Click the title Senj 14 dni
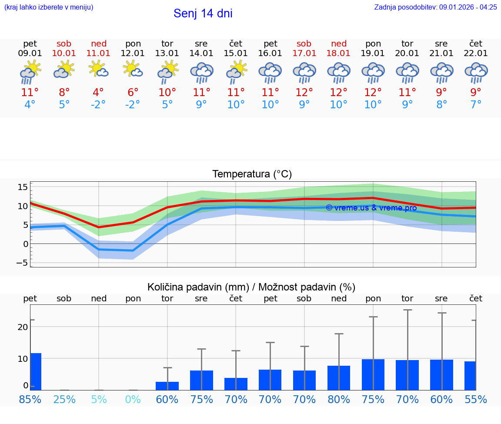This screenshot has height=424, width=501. [x=203, y=13]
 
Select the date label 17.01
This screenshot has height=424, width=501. [x=304, y=53]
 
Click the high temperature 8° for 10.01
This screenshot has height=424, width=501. [x=64, y=93]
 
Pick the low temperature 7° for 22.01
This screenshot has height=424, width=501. [x=476, y=105]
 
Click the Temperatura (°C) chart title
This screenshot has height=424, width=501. [x=252, y=174]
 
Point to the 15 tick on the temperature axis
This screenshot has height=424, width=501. [x=23, y=187]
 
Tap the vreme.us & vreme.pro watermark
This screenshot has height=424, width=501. [x=371, y=208]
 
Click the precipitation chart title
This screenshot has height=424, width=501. [x=251, y=287]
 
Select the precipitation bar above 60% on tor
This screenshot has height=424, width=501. [x=167, y=386]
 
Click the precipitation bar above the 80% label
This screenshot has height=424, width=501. [x=339, y=377]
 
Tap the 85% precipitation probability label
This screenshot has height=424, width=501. [x=30, y=399]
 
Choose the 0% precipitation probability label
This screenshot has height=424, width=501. [x=133, y=399]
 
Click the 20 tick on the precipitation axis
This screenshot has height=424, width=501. [x=23, y=327]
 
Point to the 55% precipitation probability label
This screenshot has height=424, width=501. [x=476, y=399]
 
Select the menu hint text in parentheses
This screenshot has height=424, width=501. [x=49, y=7]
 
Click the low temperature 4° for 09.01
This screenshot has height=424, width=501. [x=30, y=105]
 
